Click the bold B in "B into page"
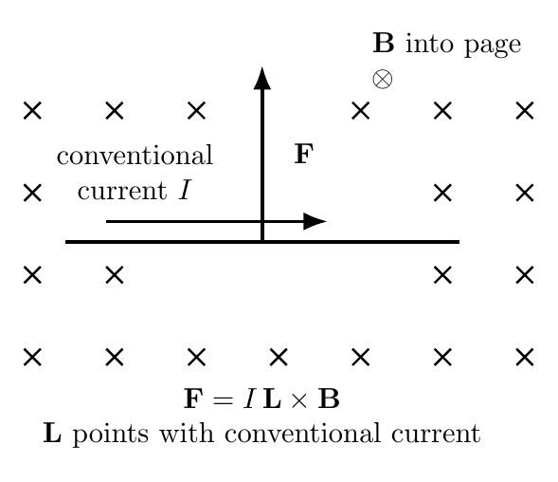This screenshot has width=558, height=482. tap(384, 43)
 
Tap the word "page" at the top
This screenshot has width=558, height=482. tap(493, 46)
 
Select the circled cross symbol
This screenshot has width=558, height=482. tap(383, 79)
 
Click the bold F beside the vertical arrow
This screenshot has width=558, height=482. tap(304, 154)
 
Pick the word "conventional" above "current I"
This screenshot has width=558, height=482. tap(135, 155)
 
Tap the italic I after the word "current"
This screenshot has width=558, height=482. tap(185, 190)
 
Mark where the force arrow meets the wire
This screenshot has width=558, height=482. tap(262, 242)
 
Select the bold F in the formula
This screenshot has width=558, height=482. tap(193, 399)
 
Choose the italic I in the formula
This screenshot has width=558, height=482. tap(250, 399)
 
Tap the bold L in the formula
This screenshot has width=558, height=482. tap(272, 399)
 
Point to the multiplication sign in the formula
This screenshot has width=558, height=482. tap(299, 400)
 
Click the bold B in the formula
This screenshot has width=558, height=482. tap(329, 399)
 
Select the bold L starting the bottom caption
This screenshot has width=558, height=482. tap(52, 433)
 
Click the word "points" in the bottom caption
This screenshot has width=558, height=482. tap(111, 436)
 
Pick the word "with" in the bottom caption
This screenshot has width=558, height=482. tap(187, 433)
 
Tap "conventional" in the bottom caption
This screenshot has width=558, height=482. tap(303, 433)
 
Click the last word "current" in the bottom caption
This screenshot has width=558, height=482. tap(437, 434)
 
